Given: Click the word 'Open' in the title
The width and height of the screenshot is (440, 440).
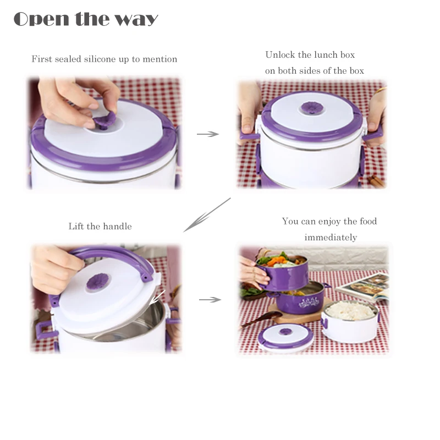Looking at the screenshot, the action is pyautogui.click(x=41, y=19).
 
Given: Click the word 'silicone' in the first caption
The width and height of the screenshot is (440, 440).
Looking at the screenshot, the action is pyautogui.click(x=100, y=59).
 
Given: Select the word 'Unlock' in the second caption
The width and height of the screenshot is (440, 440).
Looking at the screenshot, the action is pyautogui.click(x=280, y=54).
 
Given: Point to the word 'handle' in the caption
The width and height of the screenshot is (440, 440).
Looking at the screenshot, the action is pyautogui.click(x=117, y=226).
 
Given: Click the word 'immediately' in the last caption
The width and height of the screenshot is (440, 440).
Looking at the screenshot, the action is pyautogui.click(x=331, y=238).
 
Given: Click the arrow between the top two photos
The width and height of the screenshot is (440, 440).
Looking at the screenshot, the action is pyautogui.click(x=208, y=134).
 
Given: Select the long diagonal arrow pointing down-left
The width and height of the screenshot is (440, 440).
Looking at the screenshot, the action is pyautogui.click(x=207, y=215).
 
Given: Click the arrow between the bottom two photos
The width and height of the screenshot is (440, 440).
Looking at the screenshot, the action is pyautogui.click(x=210, y=300).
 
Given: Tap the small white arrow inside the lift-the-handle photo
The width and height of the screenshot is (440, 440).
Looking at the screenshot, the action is pyautogui.click(x=157, y=298).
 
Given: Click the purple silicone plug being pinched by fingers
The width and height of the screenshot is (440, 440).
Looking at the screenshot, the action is pyautogui.click(x=105, y=120).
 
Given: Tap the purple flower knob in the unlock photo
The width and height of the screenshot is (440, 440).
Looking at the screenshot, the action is pyautogui.click(x=311, y=108).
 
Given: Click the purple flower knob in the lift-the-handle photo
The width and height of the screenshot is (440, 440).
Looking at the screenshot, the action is pyautogui.click(x=97, y=282).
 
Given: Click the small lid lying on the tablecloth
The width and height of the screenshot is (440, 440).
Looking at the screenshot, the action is pyautogui.click(x=285, y=337).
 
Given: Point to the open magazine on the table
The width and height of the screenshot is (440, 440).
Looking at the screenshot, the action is pyautogui.click(x=364, y=287).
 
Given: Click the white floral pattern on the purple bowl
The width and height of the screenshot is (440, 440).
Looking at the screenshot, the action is pyautogui.click(x=309, y=302).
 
